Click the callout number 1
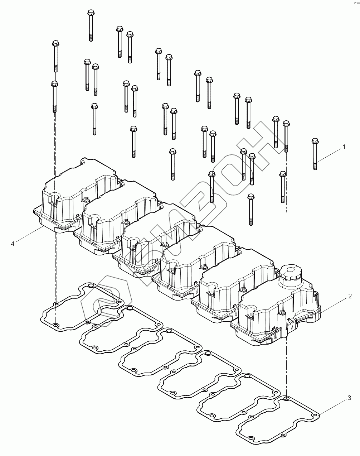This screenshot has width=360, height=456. point(344,147)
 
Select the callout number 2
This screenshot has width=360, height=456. point(350,296)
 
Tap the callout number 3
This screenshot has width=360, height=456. point(349,398)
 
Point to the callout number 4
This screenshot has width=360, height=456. point(13,244)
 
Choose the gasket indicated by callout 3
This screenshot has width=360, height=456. point(279,419)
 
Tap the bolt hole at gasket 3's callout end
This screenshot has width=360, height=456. point(315,416)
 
